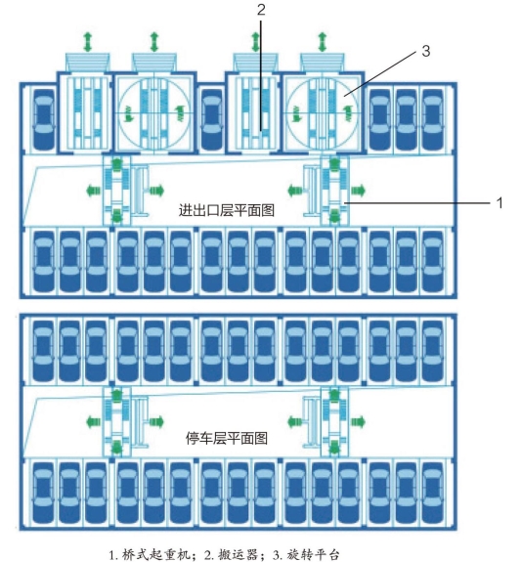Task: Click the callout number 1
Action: pyautogui.click(x=499, y=203)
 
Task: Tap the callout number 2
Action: pyautogui.click(x=261, y=10)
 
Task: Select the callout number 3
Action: pyautogui.click(x=425, y=51)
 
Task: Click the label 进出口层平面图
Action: pyautogui.click(x=227, y=210)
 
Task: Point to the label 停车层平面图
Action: pyautogui.click(x=227, y=438)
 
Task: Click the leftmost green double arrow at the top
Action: pyautogui.click(x=88, y=42)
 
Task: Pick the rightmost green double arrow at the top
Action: pyautogui.click(x=322, y=42)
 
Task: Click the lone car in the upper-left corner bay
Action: pyautogui.click(x=44, y=119)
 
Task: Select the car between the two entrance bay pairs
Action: pyautogui.click(x=212, y=119)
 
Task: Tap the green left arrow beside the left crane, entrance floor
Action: pyautogui.click(x=94, y=190)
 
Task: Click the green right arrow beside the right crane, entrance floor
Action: pyautogui.click(x=358, y=190)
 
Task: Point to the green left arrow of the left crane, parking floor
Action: pyautogui.click(x=94, y=421)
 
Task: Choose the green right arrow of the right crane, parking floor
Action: pyautogui.click(x=358, y=421)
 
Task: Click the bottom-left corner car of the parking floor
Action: pyautogui.click(x=43, y=494)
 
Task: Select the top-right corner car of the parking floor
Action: pyautogui.click(x=433, y=351)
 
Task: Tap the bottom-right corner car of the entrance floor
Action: pyautogui.click(x=433, y=262)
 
